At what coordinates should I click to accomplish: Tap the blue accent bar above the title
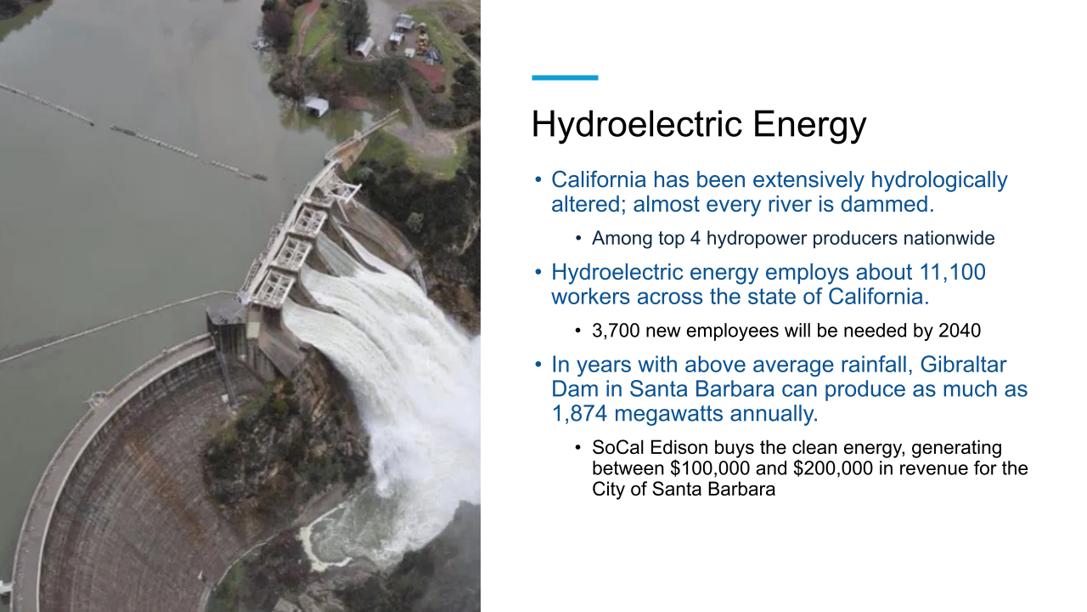tap(565, 77)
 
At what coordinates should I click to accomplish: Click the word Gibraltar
tap(959, 365)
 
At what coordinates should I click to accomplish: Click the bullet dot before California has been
tap(538, 180)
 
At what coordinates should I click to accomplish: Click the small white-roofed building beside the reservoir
tap(316, 107)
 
